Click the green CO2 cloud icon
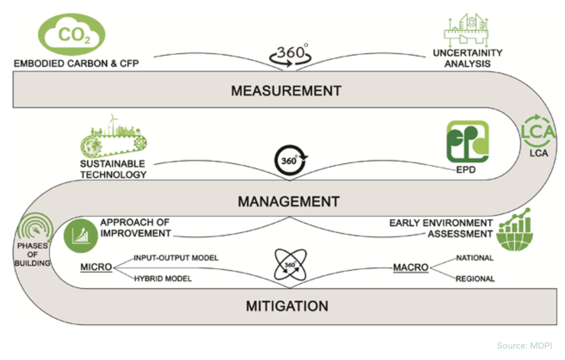point(72,35)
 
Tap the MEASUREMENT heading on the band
point(286,91)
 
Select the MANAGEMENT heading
point(289,201)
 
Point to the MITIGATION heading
point(287,306)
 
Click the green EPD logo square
point(467,142)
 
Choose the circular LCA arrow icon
point(537,132)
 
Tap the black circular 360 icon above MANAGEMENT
point(290,160)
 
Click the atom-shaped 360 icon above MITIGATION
point(290,265)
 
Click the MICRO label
point(96,267)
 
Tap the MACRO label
point(411,268)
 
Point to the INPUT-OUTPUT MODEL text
point(176,258)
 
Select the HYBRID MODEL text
point(163,279)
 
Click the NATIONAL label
point(475,258)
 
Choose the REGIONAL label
point(475,279)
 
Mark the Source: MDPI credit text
point(524,346)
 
